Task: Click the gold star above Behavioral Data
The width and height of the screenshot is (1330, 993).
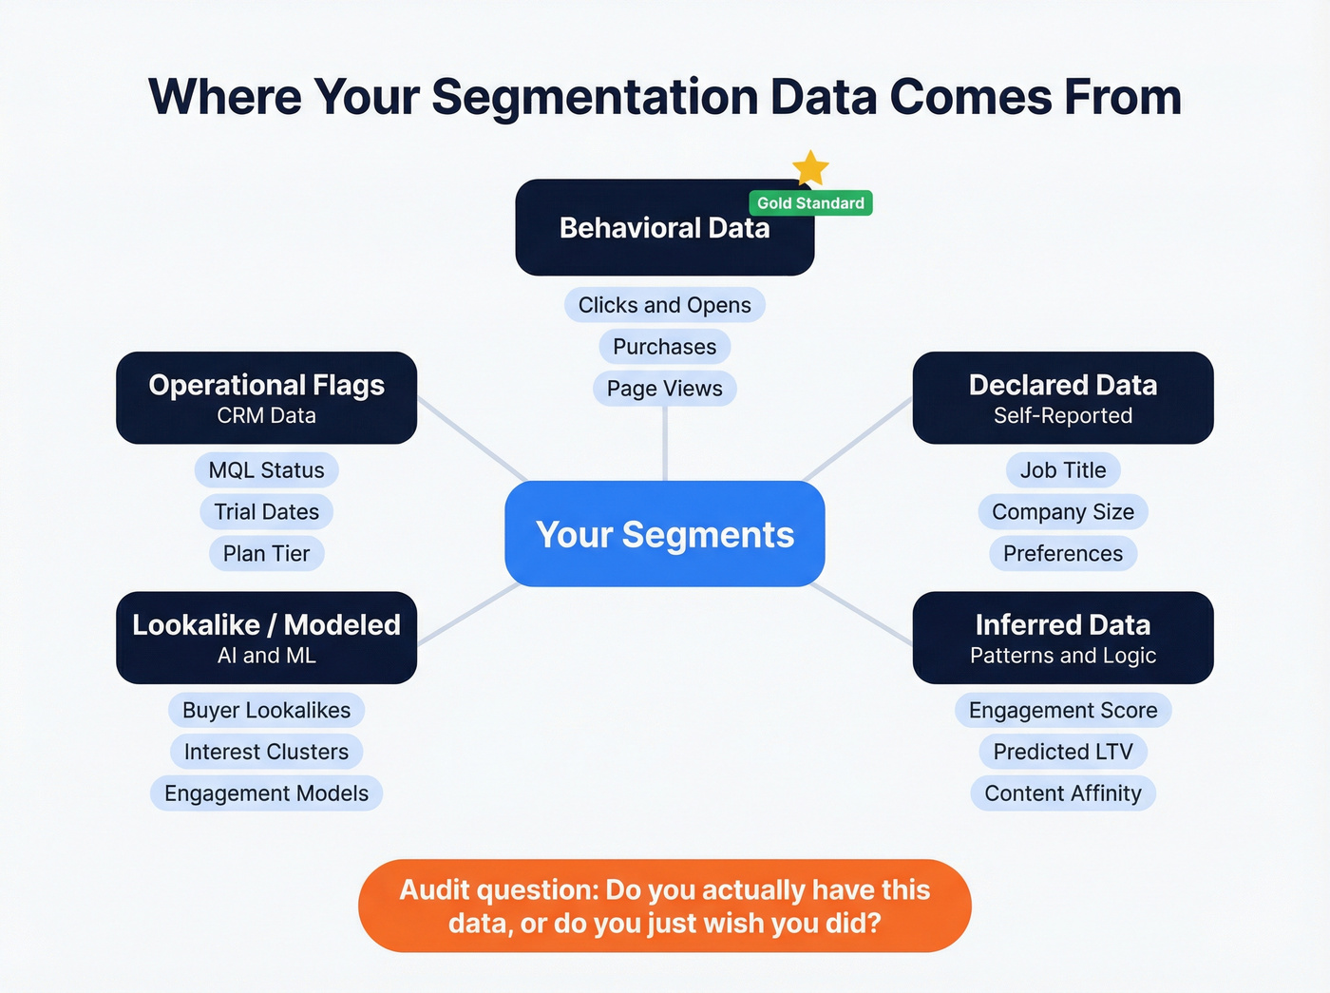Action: pos(810,168)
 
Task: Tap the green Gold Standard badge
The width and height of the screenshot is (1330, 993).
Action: pos(810,203)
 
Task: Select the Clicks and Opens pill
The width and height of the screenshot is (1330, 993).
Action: pos(664,305)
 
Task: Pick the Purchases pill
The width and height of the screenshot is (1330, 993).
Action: pos(664,347)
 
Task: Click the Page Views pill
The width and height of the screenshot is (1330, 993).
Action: pos(664,389)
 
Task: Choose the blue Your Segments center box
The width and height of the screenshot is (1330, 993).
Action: pos(664,534)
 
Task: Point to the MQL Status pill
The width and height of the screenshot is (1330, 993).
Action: pos(266,470)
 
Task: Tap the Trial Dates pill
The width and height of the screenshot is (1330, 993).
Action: pos(266,512)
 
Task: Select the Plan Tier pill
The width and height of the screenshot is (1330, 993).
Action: pos(266,554)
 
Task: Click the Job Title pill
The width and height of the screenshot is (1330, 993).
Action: pos(1063,470)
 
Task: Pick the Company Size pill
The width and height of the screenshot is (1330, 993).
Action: pos(1063,512)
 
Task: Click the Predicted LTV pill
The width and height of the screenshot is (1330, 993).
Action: pos(1063,752)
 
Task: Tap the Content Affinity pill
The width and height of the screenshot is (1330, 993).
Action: pos(1063,793)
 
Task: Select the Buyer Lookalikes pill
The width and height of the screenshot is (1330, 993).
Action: pos(266,710)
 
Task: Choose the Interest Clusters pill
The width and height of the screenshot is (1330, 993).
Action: pos(266,752)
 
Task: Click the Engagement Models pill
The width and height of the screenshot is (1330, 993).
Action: pos(266,793)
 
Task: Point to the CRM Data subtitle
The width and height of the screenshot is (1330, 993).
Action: pos(266,415)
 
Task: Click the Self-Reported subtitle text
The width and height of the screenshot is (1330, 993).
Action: pos(1063,415)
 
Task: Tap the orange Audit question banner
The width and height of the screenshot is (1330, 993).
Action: pos(664,906)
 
